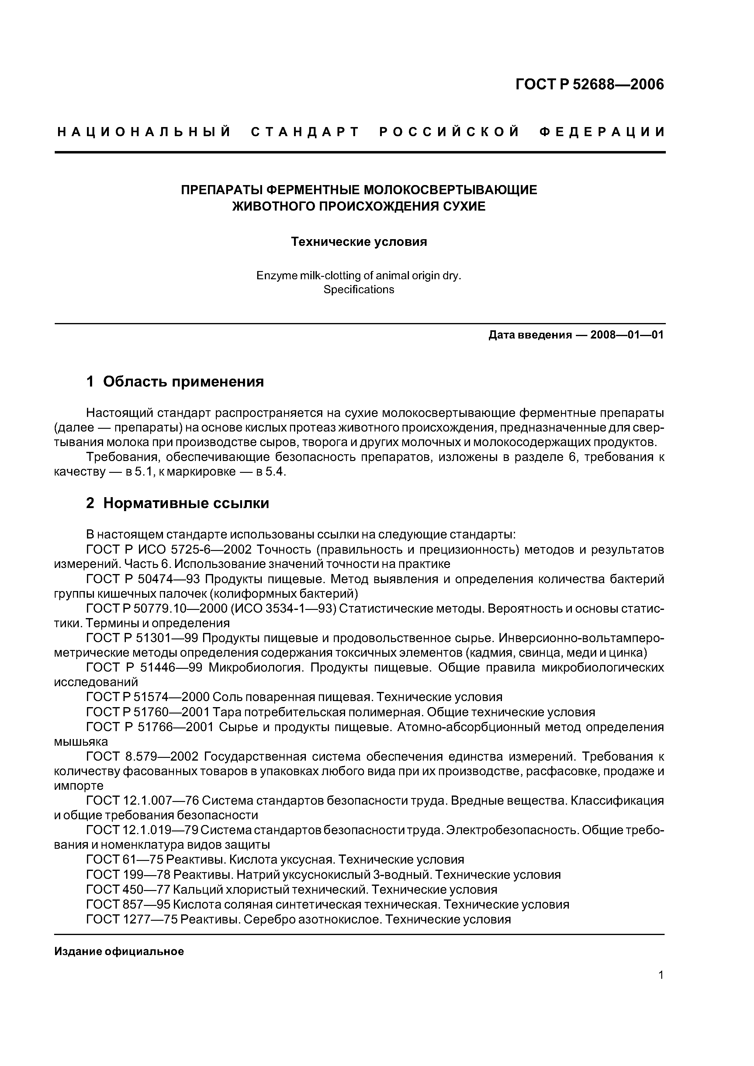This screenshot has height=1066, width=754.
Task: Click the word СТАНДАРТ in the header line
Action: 305,132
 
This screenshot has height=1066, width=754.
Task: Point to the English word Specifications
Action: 359,290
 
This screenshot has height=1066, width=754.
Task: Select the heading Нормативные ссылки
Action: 186,503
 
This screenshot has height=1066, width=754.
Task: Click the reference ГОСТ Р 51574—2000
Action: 149,697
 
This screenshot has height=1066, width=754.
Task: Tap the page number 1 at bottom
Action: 661,988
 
